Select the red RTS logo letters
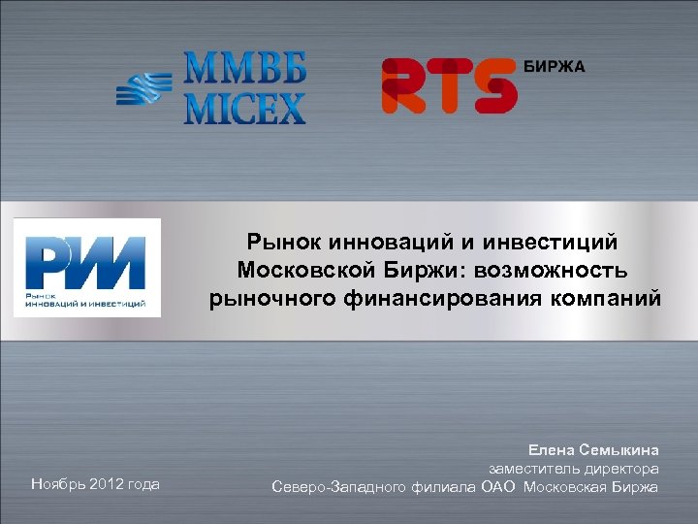[448, 85]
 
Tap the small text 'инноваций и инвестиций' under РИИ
[86, 303]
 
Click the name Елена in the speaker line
[552, 450]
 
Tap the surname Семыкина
[619, 450]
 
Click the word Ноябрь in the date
[57, 483]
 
